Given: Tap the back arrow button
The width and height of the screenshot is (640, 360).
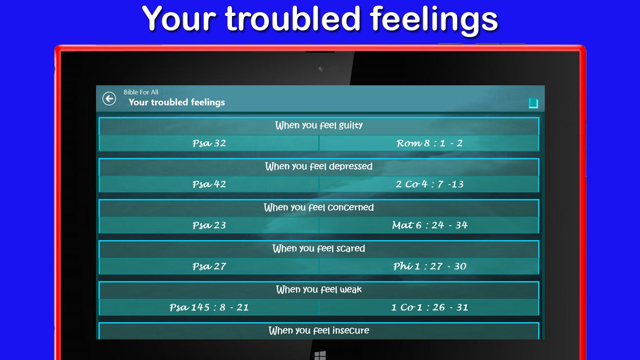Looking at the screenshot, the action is (x=109, y=98).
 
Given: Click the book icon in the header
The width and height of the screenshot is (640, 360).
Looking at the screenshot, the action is (x=533, y=103).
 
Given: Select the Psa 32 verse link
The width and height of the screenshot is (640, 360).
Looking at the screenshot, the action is (x=209, y=143).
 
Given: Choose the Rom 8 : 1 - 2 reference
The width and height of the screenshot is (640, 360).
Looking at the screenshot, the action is (x=429, y=143).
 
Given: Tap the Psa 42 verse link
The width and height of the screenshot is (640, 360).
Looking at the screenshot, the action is (x=209, y=184).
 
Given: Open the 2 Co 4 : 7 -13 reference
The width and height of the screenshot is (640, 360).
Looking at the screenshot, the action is (x=429, y=184).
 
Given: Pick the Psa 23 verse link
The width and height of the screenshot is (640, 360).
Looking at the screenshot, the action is (x=209, y=225).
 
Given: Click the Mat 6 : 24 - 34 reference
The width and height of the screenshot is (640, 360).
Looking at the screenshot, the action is (x=429, y=225).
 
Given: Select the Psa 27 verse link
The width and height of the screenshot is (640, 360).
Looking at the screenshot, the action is (x=209, y=267).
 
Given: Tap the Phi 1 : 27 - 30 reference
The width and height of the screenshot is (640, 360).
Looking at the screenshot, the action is (x=429, y=267).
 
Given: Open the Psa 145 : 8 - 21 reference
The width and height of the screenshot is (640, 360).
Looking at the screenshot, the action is (x=209, y=307).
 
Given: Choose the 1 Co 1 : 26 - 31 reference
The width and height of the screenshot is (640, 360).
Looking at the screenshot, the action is (x=429, y=307).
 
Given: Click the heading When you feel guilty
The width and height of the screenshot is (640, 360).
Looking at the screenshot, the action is (x=319, y=126).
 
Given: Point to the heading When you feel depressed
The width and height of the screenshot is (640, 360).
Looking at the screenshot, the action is (x=319, y=166).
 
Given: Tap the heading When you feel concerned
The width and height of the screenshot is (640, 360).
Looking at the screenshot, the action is (x=319, y=208).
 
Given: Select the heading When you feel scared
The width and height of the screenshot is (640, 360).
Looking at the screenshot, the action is (x=319, y=248).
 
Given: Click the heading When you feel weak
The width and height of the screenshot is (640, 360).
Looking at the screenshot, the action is (x=319, y=290).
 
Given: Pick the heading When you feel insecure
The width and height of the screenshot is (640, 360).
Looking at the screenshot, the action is (x=319, y=331).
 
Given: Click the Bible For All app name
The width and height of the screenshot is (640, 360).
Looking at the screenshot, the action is (x=141, y=92).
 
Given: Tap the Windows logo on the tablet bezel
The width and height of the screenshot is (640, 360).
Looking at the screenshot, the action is (x=320, y=356).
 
